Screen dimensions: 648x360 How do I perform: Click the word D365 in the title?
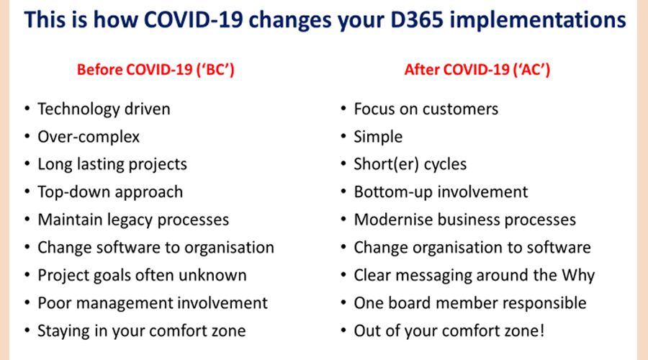click(x=417, y=19)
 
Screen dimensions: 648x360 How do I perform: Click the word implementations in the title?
click(x=538, y=21)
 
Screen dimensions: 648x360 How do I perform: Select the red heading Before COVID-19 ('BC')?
click(x=156, y=69)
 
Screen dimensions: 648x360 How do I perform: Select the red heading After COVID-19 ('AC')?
click(x=477, y=69)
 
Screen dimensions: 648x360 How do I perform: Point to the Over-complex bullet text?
click(x=89, y=138)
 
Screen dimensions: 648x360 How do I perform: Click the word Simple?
click(x=378, y=138)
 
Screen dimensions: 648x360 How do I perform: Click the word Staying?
click(x=63, y=331)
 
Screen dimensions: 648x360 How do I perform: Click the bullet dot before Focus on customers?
click(x=343, y=109)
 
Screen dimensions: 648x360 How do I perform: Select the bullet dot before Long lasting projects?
click(x=27, y=164)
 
